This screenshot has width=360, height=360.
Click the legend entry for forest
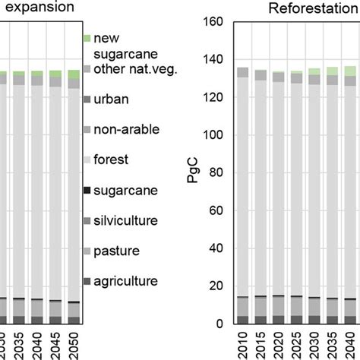(111, 159)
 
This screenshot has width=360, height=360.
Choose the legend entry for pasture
(115, 251)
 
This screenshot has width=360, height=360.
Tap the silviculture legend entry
(125, 220)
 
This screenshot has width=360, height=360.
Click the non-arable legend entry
(120, 129)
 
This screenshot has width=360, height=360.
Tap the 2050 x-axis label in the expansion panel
(73, 343)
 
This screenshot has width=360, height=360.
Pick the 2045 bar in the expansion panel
(55, 197)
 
